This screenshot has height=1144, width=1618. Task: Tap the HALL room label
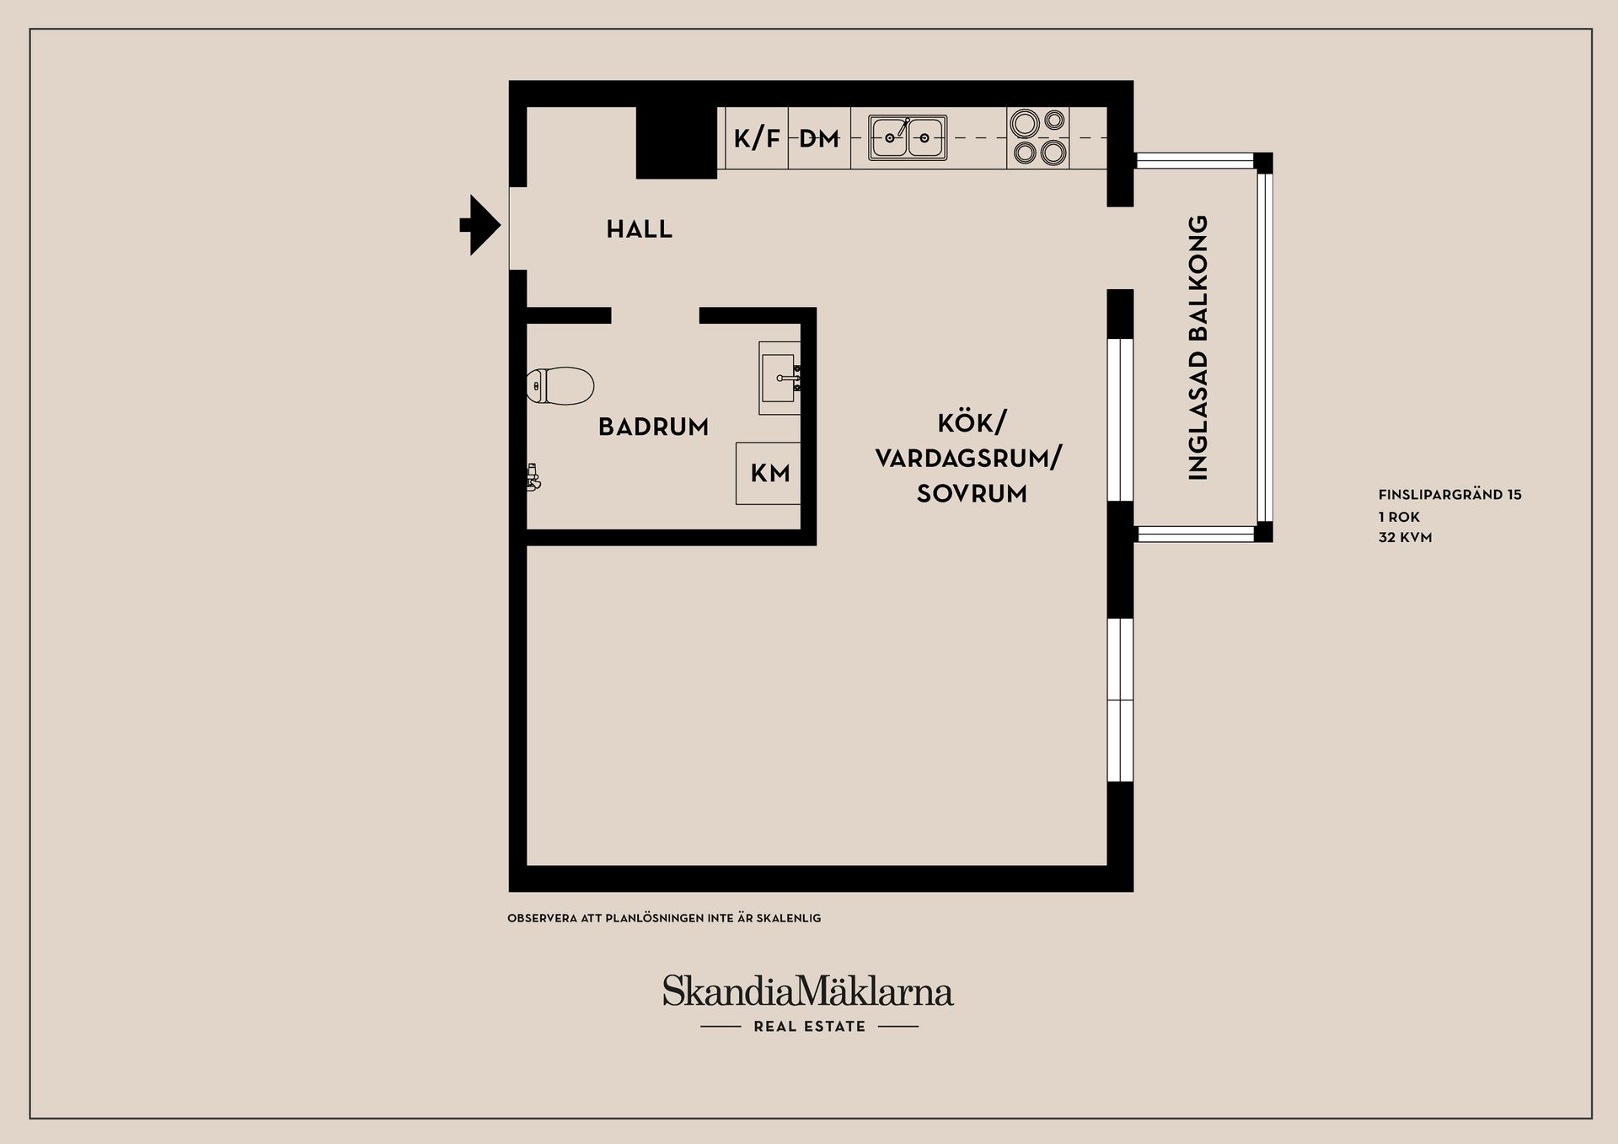(x=640, y=229)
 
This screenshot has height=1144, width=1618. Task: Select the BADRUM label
(x=653, y=427)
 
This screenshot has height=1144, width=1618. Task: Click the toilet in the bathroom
(x=560, y=386)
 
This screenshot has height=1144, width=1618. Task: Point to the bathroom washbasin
(x=780, y=378)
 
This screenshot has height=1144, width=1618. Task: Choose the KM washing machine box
(x=769, y=473)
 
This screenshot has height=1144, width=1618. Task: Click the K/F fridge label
(x=756, y=138)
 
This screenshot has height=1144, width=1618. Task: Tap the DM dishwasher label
(x=819, y=138)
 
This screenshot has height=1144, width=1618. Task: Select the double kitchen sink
(x=908, y=137)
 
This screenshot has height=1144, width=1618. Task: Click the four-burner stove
(x=1038, y=137)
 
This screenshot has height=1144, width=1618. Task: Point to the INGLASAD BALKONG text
(x=1197, y=347)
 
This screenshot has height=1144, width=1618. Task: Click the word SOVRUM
(x=972, y=494)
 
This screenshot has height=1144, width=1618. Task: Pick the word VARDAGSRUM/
(x=968, y=459)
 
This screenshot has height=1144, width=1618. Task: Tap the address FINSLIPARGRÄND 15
(x=1449, y=495)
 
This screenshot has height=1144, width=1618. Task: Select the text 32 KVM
(x=1405, y=537)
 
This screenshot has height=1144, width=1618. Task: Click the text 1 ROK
(x=1399, y=517)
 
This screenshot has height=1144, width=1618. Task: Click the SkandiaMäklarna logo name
(x=807, y=991)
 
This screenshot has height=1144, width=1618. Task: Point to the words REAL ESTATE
(x=809, y=1027)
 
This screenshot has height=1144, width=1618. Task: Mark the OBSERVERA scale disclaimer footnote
(x=664, y=918)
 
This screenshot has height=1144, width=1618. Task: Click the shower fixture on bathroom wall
(x=533, y=477)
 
